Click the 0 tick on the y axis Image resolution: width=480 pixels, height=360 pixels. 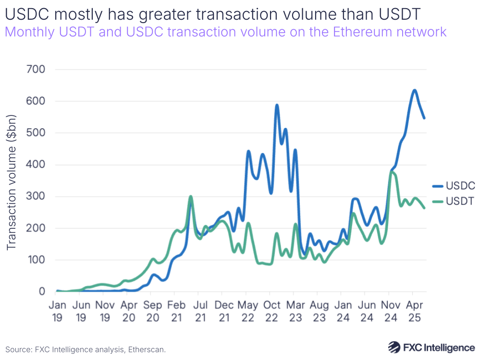tap(42, 291)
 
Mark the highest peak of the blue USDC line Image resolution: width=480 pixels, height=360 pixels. tap(414, 90)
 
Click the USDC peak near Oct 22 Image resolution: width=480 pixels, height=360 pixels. tap(277, 105)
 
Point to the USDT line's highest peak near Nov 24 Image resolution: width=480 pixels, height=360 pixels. tap(393, 172)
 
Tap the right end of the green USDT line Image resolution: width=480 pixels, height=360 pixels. tap(424, 208)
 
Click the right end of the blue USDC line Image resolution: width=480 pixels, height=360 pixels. tap(424, 118)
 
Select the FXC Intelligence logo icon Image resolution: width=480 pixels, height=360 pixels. tap(394, 347)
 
